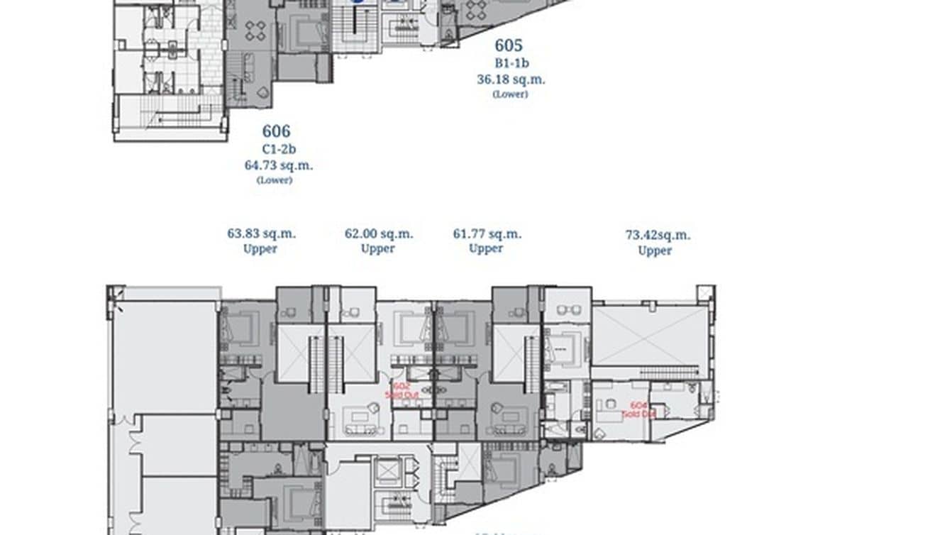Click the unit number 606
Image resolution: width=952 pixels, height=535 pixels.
point(276,131)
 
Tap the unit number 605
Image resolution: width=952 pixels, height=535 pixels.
point(508,46)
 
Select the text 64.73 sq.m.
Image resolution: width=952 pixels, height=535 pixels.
point(277,165)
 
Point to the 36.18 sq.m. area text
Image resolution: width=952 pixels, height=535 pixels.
point(511,79)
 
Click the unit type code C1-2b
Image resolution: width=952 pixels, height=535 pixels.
point(277,149)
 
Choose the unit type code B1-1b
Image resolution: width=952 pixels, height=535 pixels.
point(511,63)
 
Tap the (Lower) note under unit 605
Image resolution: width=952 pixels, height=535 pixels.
point(510,94)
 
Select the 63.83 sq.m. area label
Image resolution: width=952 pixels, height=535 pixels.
point(261,233)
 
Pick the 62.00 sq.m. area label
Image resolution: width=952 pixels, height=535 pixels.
point(379,233)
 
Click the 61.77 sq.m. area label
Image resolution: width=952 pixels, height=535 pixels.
point(487,233)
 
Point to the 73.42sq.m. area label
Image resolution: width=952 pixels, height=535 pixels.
point(658,235)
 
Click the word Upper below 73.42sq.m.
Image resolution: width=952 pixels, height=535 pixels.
point(655,250)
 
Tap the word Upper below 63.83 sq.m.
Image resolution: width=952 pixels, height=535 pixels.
point(260,248)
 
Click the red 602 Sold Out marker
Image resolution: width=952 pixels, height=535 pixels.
point(402,390)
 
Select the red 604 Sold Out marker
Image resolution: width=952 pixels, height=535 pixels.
point(637,409)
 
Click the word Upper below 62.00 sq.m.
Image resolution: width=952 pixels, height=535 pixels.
point(377,248)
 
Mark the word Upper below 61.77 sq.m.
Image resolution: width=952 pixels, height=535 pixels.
point(486,248)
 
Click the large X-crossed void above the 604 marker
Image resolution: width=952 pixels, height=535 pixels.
point(650,336)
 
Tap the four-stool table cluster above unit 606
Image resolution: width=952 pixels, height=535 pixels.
point(255,29)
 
